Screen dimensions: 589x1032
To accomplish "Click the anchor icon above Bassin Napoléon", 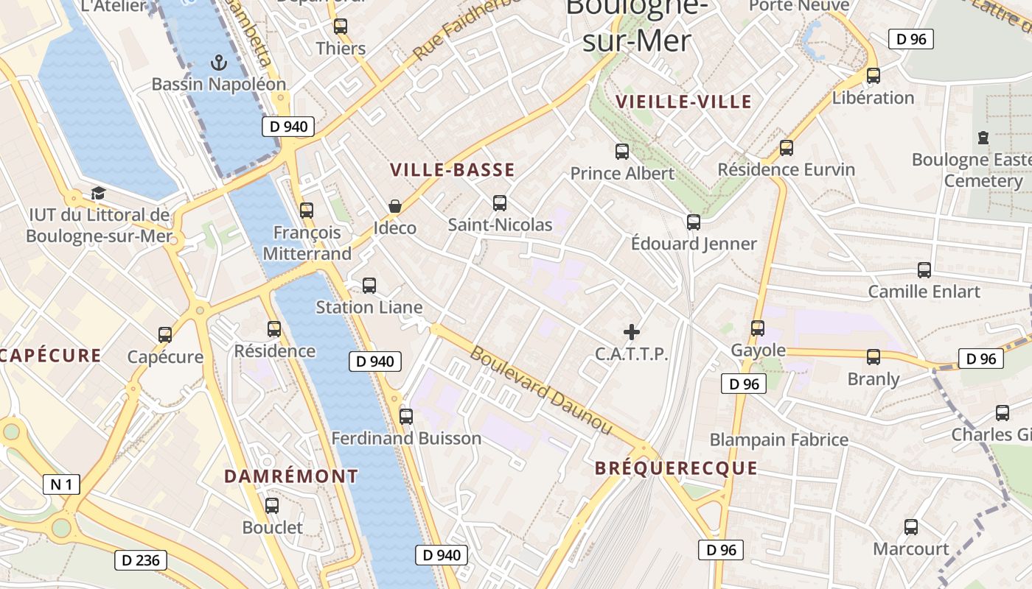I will click(x=218, y=63).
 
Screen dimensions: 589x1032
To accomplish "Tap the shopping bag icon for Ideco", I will click(x=395, y=206).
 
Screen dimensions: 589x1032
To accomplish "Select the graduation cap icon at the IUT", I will click(x=98, y=194).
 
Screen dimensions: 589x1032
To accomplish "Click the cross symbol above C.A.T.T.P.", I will click(x=632, y=332).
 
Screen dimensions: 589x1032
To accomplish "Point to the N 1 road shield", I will click(x=61, y=484).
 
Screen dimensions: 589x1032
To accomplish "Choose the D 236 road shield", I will click(x=141, y=560).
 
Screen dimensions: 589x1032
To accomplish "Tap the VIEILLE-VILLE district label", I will click(x=683, y=102).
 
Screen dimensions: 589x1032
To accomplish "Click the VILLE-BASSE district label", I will click(x=453, y=170).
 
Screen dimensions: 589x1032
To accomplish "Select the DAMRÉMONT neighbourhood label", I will click(x=291, y=476).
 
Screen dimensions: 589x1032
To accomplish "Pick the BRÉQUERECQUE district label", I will click(x=676, y=468).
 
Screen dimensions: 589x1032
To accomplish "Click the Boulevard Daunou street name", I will click(x=541, y=390).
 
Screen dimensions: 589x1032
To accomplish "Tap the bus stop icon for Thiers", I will click(x=341, y=27).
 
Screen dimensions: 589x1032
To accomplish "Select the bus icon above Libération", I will click(x=874, y=75).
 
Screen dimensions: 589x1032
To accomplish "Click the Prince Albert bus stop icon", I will click(x=622, y=152).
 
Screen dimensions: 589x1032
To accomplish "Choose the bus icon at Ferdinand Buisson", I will click(x=406, y=416).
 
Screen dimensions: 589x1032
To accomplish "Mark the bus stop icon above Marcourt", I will click(x=911, y=527).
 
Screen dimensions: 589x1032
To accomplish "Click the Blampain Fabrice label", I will click(x=778, y=440).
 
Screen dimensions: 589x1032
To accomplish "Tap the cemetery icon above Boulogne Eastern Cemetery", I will click(x=983, y=137).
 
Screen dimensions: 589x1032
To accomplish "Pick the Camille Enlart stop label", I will click(x=924, y=292).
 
